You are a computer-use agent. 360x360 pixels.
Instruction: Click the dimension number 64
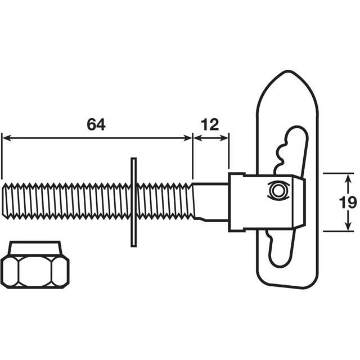click(96, 125)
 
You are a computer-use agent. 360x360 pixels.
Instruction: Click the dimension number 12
click(210, 125)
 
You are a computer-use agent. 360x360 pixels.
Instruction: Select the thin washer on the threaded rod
click(133, 202)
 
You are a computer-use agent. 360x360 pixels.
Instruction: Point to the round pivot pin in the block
click(277, 190)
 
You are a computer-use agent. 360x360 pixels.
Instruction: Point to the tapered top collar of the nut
click(35, 247)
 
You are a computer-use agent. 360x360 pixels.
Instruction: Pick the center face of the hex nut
click(35, 271)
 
